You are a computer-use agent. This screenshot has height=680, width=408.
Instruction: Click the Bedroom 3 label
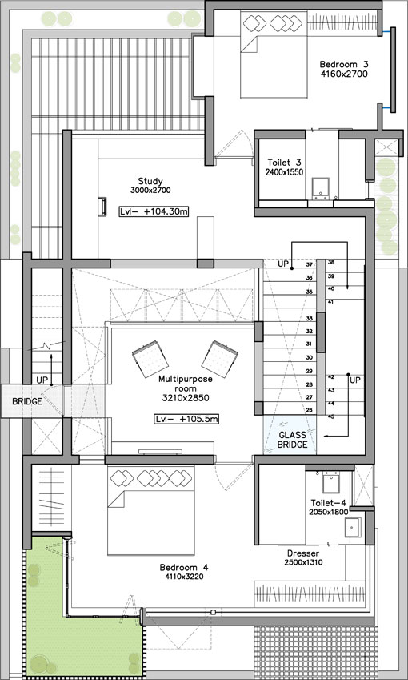tap(344, 65)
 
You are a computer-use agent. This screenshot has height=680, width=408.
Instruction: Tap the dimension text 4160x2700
tap(344, 74)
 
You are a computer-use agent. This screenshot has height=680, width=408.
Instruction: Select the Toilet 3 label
tap(284, 163)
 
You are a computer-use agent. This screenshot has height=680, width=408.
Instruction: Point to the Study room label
tap(150, 181)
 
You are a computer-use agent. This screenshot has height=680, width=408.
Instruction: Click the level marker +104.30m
tap(154, 212)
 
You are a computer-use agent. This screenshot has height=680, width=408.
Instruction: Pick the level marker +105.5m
tap(186, 420)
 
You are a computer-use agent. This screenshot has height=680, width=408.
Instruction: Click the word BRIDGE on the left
tap(27, 401)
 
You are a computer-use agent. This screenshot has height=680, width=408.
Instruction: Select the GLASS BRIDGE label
tap(292, 440)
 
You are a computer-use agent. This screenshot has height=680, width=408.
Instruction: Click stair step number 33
tap(310, 318)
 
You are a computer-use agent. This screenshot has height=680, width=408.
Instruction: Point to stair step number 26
tap(310, 409)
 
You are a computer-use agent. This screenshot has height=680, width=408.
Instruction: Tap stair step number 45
tap(331, 417)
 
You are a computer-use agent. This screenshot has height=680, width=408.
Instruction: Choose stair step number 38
tap(331, 262)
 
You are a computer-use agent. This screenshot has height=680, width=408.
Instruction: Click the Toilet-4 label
tap(328, 503)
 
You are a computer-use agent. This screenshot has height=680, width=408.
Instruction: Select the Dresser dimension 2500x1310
tap(303, 562)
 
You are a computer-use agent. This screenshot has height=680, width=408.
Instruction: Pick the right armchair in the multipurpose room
tap(220, 359)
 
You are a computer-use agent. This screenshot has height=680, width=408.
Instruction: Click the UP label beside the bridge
tap(42, 380)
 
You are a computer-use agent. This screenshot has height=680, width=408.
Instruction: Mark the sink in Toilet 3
tap(321, 187)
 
